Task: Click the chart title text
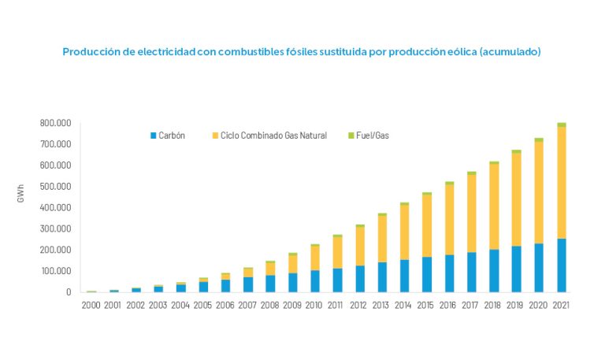coord(302,51)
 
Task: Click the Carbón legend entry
coord(171,135)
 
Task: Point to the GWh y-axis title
coord(20,197)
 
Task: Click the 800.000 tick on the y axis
coord(55,124)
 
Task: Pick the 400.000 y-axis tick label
coord(55,208)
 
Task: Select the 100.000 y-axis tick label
coord(55,271)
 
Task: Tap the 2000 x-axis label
coord(91,305)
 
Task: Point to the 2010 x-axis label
coord(315,305)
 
